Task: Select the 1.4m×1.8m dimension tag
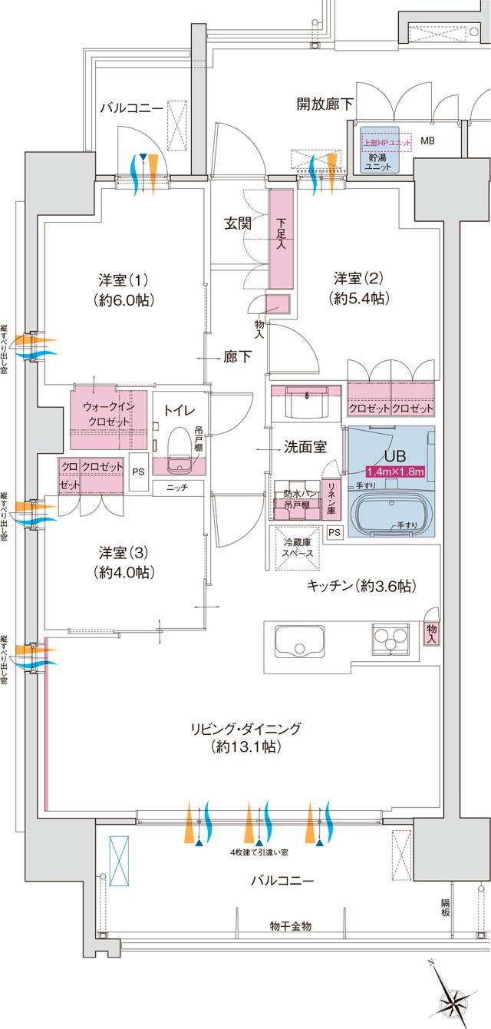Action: pyautogui.click(x=395, y=471)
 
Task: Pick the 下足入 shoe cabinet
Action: pyautogui.click(x=281, y=238)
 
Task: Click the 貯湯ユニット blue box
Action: pyautogui.click(x=380, y=151)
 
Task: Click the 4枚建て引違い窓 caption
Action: pyautogui.click(x=260, y=853)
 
